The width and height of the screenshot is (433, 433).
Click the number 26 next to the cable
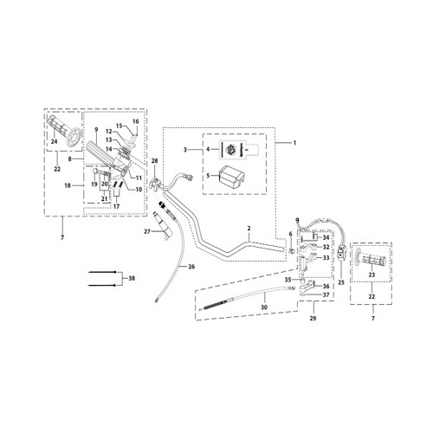tap(192, 267)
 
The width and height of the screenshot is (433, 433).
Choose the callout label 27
tap(147, 231)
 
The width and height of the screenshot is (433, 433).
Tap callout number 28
tap(154, 162)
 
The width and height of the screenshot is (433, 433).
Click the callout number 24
tap(54, 142)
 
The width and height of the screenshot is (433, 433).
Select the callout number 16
tap(135, 121)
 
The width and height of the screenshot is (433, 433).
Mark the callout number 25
tap(340, 282)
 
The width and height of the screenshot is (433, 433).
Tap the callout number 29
tap(311, 319)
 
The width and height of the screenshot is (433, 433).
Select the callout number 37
tap(326, 295)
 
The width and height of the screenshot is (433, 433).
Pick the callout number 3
tap(185, 150)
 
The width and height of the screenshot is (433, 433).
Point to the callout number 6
tap(290, 235)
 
